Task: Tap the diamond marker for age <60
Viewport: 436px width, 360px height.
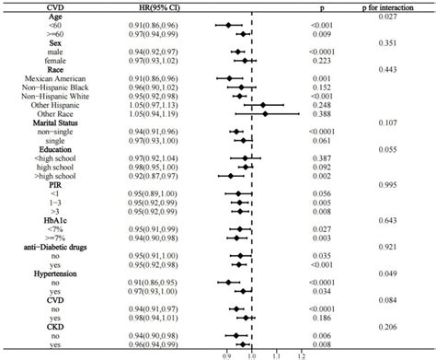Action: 229,26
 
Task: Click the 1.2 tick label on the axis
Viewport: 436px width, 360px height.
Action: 301,354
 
